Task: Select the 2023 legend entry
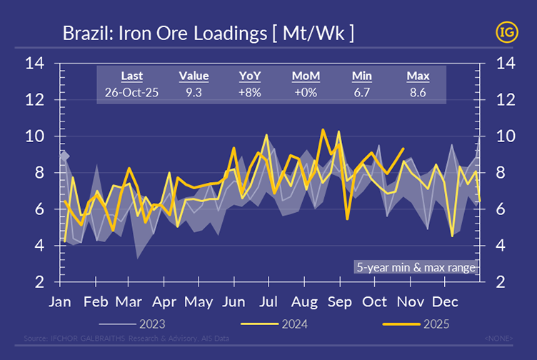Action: coord(153,324)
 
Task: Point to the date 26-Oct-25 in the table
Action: coord(131,92)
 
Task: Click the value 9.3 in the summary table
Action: coord(194,92)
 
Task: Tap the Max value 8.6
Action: coord(417,92)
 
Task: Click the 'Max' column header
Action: coord(417,76)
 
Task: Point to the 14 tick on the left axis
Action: coord(35,64)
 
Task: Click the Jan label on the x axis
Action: coord(60,301)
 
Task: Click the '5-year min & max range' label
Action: coord(416,268)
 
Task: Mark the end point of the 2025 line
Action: coord(404,149)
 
